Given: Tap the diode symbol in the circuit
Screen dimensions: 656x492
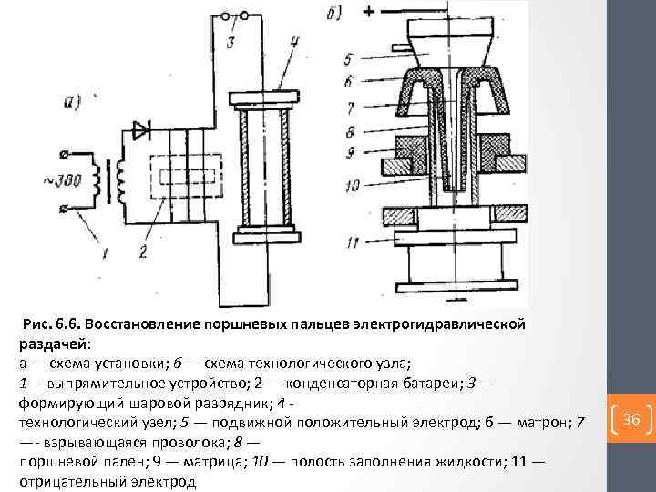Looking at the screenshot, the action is point(141,130).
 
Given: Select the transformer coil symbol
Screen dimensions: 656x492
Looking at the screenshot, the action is point(115,179).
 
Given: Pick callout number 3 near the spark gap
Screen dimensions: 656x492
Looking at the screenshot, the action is point(231,44).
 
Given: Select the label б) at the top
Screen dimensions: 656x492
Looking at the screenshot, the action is point(330,14).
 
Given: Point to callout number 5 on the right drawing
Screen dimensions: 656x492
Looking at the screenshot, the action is point(351,59).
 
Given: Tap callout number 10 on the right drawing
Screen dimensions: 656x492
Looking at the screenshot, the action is point(353,186).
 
